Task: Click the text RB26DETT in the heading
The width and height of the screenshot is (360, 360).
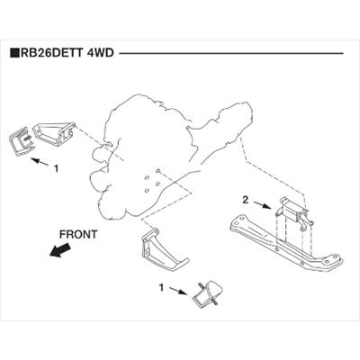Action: point(51,53)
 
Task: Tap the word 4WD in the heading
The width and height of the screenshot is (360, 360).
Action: point(100,53)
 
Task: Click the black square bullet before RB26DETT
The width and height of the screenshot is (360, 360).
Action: point(14,53)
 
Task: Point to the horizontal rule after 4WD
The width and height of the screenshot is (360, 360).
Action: point(231,54)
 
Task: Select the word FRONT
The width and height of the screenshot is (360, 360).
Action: point(78,234)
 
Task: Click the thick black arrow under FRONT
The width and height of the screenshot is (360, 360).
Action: point(60,250)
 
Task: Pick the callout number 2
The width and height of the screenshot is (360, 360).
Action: point(246,200)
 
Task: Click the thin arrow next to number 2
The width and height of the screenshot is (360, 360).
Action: point(262,204)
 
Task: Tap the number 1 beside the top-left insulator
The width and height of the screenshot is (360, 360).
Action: point(56,168)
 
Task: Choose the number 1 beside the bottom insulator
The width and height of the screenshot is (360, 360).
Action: point(161,288)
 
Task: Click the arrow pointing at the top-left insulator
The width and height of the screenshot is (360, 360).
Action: point(40,162)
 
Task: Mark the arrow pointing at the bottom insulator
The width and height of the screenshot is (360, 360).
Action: point(178,291)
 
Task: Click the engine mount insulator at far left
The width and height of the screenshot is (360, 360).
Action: point(21,141)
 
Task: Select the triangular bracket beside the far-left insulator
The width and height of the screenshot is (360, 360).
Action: point(54,134)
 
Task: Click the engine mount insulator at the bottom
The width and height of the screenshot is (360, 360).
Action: point(209,293)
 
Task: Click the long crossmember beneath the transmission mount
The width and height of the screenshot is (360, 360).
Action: point(285,245)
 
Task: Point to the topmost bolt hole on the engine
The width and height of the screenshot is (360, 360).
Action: point(158,171)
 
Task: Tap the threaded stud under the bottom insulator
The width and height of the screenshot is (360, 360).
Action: point(215,303)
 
